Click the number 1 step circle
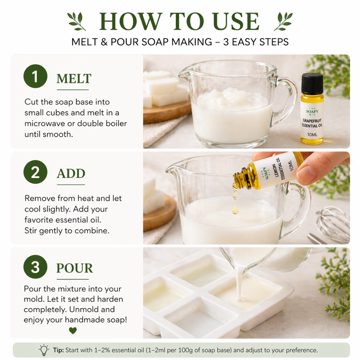[35, 76]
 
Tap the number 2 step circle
[35, 172]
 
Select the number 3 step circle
[35, 267]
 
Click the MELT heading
[74, 79]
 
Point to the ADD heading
[71, 174]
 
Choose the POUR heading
[75, 268]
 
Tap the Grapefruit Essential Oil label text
[312, 123]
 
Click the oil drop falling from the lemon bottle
[235, 209]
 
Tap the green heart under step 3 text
[73, 331]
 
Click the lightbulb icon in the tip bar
[44, 350]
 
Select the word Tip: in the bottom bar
[58, 350]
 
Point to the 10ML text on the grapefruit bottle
[312, 135]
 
